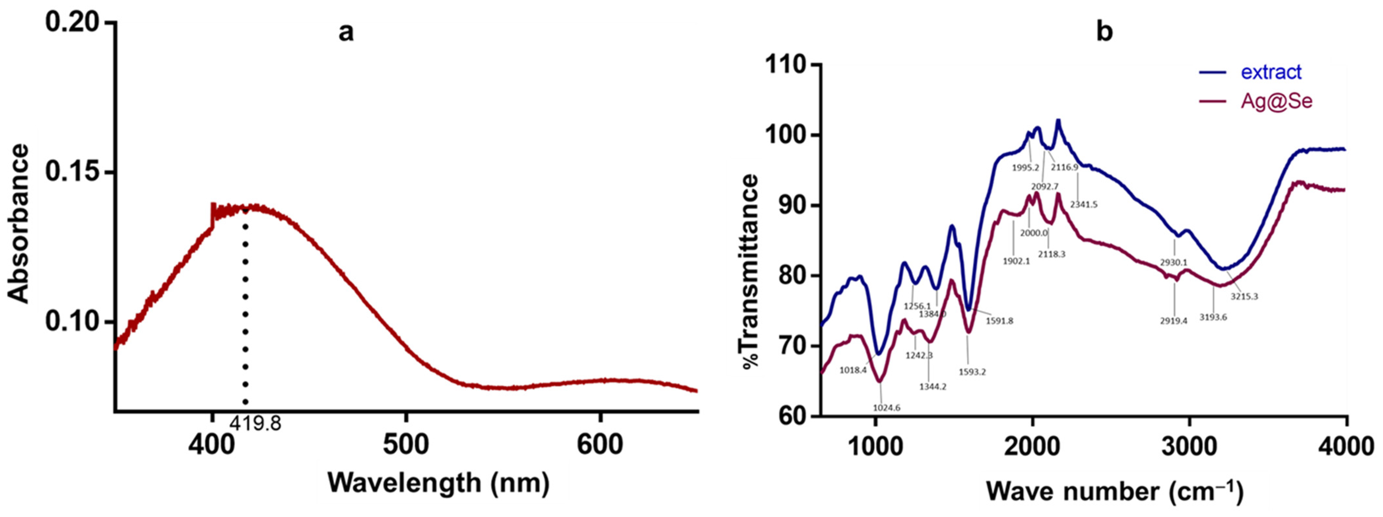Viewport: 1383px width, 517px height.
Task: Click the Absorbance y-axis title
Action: click(19, 223)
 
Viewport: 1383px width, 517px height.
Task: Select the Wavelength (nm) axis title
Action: click(439, 482)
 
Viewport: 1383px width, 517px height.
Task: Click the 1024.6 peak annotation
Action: click(887, 408)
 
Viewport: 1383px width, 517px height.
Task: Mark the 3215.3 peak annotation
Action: click(1244, 296)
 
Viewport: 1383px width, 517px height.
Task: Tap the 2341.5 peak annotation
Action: click(1084, 204)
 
